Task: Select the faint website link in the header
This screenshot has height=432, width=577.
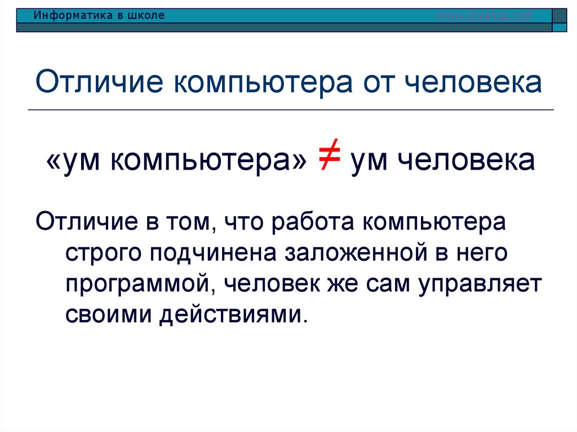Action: (484, 16)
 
